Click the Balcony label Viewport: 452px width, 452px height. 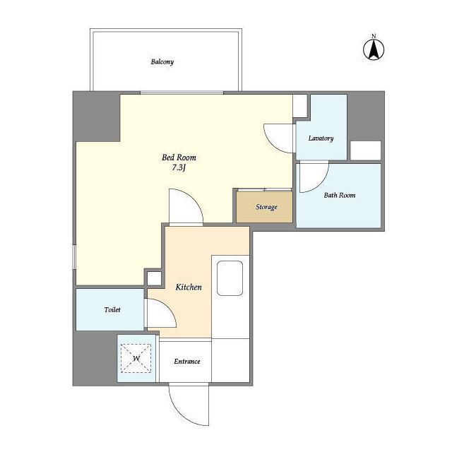(x=162, y=61)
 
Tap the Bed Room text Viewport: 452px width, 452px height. (x=179, y=157)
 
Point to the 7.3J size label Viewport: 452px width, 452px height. (x=179, y=167)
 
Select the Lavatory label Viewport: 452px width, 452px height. (x=321, y=138)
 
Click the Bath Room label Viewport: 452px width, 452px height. (x=339, y=195)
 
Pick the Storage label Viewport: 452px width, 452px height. (x=266, y=207)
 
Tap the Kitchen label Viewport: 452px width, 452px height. (x=189, y=287)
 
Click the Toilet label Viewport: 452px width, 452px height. (x=112, y=309)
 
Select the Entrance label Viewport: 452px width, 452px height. (x=186, y=361)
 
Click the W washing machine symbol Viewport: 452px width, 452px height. (x=136, y=358)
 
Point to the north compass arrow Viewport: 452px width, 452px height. (x=374, y=49)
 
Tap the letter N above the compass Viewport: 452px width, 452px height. (x=374, y=36)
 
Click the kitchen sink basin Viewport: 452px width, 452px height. (x=230, y=278)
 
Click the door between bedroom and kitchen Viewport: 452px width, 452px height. (x=186, y=206)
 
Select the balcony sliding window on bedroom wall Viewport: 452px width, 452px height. (x=182, y=93)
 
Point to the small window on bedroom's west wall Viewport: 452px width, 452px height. (x=74, y=257)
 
